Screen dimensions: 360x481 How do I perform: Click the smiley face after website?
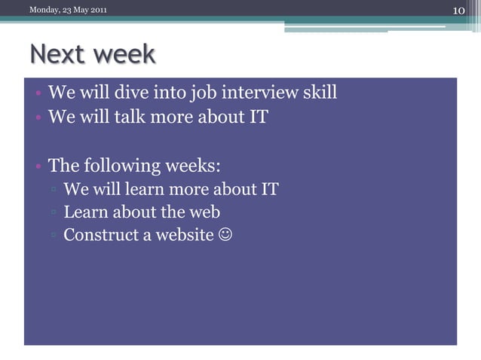pos(225,235)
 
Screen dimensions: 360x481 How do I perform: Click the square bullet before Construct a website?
pos(54,236)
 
